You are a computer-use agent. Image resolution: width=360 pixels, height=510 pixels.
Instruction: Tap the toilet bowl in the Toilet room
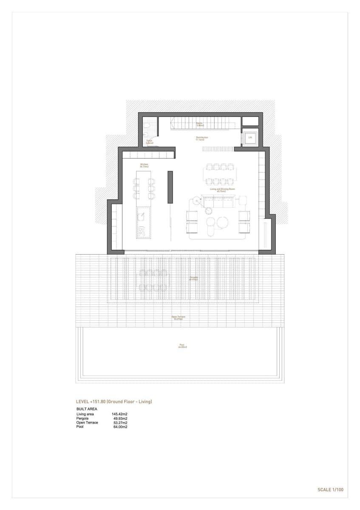click(146, 126)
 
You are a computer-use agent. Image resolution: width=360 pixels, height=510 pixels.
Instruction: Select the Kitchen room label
click(144, 165)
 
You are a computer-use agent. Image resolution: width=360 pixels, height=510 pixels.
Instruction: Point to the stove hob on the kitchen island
click(141, 231)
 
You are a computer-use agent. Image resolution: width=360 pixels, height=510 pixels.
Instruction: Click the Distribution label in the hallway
click(202, 138)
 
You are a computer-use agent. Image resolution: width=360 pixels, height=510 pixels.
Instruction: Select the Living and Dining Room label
click(220, 190)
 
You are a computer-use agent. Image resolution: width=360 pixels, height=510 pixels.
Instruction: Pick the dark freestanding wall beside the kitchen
click(170, 187)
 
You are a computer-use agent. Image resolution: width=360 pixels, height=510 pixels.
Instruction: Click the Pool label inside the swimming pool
click(182, 346)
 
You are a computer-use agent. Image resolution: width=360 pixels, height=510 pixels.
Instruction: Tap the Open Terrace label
click(178, 317)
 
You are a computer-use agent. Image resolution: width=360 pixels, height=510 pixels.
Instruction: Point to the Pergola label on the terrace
click(194, 279)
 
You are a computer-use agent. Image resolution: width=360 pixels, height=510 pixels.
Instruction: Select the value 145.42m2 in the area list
click(120, 414)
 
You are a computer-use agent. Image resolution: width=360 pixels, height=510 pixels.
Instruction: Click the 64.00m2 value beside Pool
click(120, 427)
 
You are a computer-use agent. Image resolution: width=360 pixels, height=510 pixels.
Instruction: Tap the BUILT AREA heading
click(86, 409)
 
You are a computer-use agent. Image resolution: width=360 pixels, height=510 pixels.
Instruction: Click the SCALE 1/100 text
click(330, 490)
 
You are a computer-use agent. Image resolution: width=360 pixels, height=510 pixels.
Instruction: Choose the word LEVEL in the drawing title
click(82, 401)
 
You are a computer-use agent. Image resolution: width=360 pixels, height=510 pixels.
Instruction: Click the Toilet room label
click(149, 142)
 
